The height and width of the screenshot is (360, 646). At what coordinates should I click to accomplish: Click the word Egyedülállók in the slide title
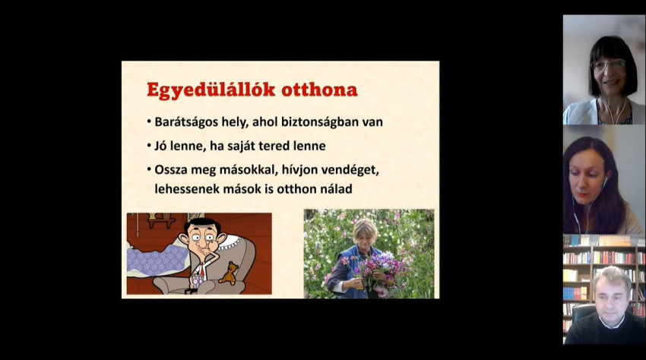[x=211, y=90]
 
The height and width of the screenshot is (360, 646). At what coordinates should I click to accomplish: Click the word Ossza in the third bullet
[x=170, y=169]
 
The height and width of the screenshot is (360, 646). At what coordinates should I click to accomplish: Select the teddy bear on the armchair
[x=229, y=273]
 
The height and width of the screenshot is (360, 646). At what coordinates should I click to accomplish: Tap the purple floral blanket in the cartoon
[x=156, y=259]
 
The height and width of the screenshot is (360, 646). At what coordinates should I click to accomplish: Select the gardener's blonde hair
[x=365, y=229]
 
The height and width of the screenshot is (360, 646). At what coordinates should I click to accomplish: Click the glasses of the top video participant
[x=608, y=65]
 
